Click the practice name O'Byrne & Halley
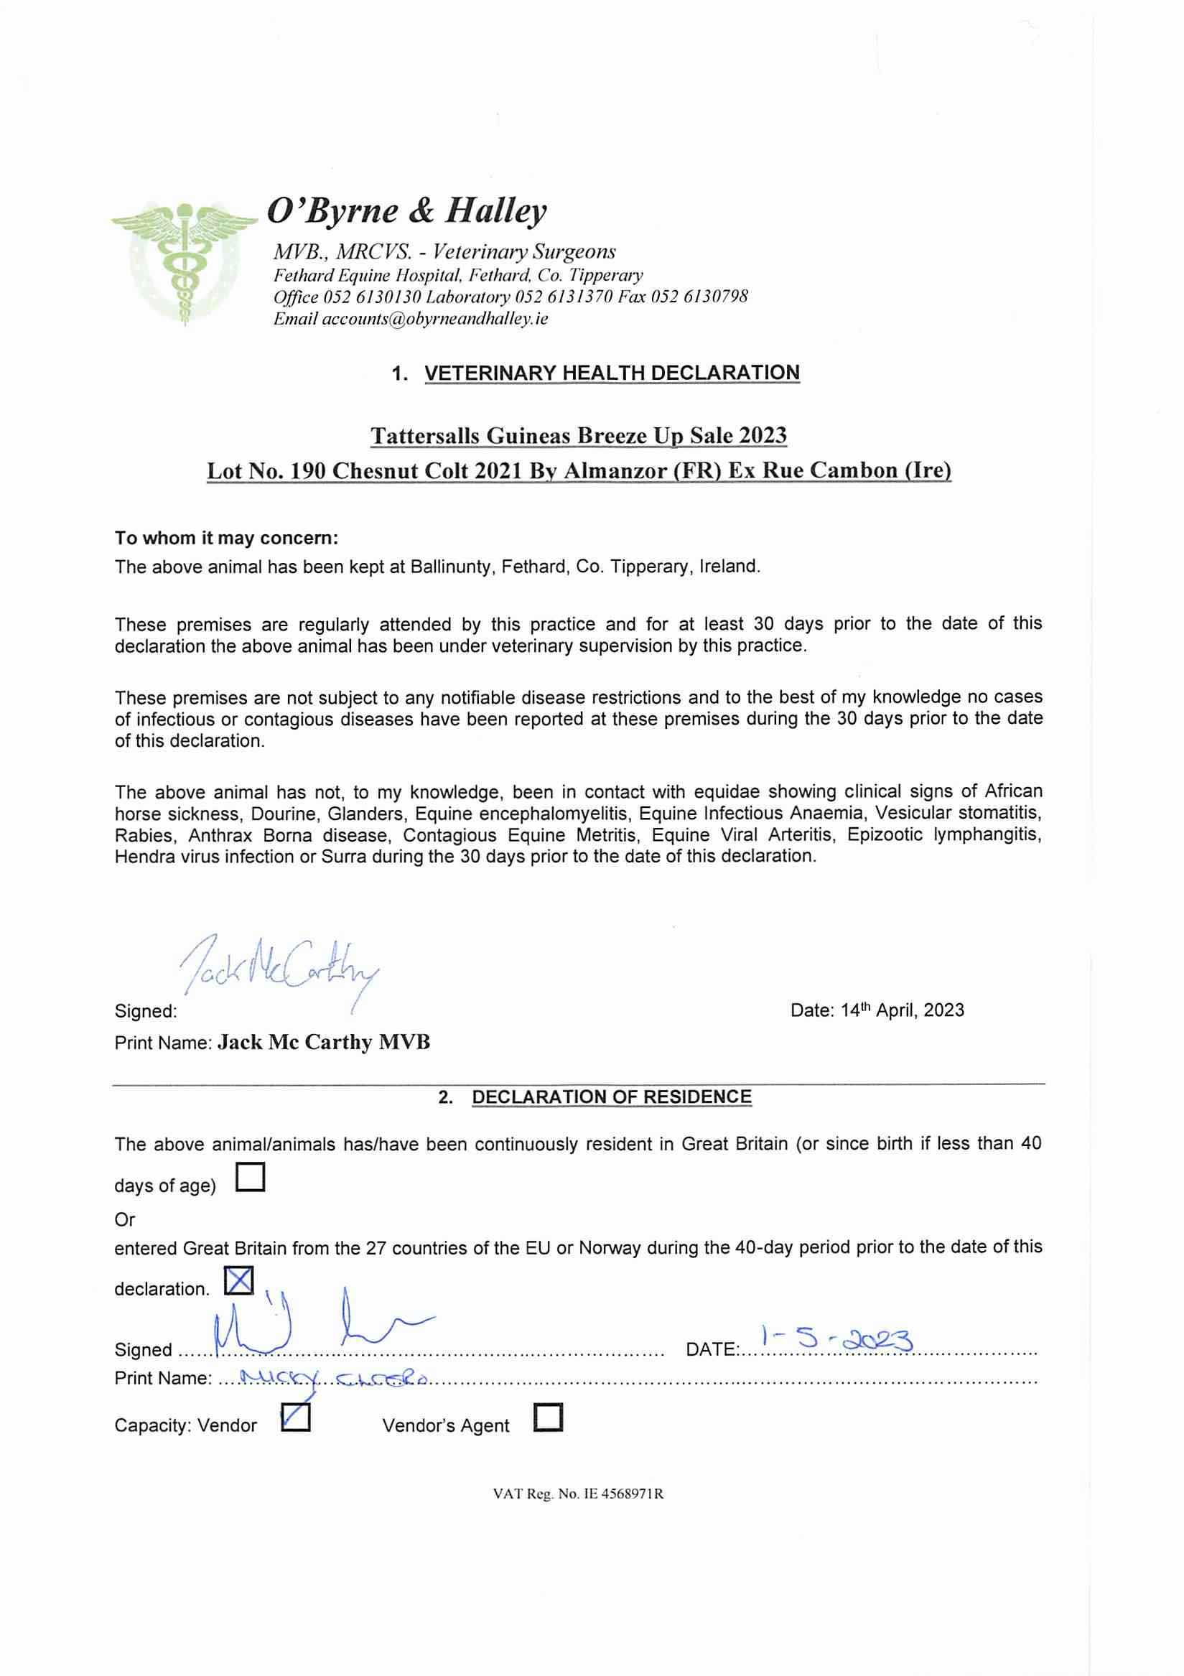pos(406,211)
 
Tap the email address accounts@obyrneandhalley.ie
pos(435,319)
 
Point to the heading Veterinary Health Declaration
pos(612,373)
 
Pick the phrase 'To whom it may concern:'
pos(226,538)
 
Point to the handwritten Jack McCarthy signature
pos(276,968)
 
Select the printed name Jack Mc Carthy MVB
pos(324,1043)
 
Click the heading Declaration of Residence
pos(611,1097)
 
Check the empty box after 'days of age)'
pos(251,1177)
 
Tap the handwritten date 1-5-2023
pos(836,1338)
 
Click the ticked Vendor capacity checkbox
pos(296,1417)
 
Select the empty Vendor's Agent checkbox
pos(549,1417)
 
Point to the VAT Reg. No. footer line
pos(578,1494)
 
